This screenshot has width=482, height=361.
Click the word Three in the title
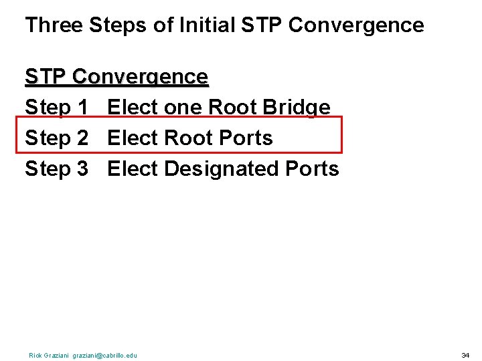(54, 25)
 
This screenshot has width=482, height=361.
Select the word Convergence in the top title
(356, 25)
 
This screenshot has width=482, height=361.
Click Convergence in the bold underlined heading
(140, 78)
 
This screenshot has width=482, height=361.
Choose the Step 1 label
(56, 108)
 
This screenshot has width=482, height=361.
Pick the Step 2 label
(56, 138)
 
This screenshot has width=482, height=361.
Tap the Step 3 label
(56, 169)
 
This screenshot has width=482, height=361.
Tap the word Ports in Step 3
(312, 169)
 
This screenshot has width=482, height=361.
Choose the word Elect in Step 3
(132, 169)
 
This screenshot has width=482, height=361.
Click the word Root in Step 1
(233, 108)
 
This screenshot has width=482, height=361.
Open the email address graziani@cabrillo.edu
(107, 355)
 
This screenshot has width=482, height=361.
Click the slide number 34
(465, 355)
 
